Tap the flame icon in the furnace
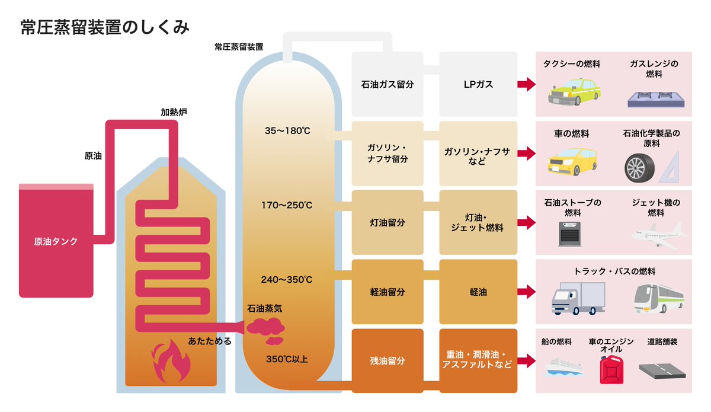171,361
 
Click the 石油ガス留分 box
387,84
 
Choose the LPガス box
478,84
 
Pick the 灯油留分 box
387,223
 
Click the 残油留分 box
387,360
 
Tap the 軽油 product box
478,292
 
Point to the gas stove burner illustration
655,98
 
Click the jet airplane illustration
658,236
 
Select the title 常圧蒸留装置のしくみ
104,28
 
